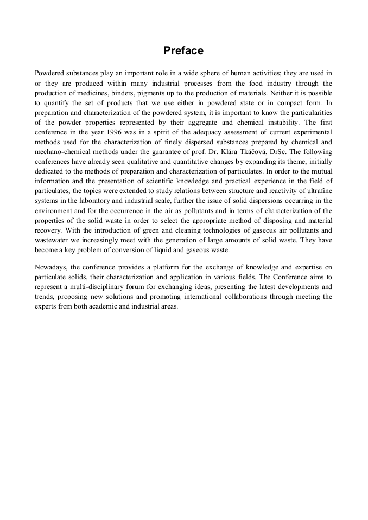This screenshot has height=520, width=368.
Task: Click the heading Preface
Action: (183, 51)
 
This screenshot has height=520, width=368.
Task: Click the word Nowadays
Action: (51, 267)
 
